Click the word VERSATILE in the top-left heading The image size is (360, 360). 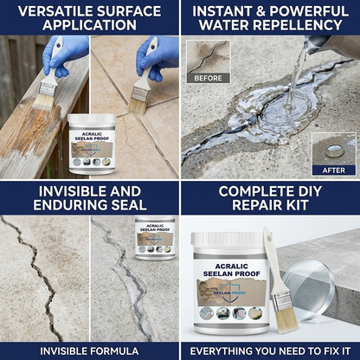click(x=55, y=11)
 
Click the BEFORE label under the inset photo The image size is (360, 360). click(x=208, y=78)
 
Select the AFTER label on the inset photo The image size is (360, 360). click(x=333, y=170)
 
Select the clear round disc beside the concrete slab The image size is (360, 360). click(x=308, y=290)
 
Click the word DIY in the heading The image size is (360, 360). click(x=308, y=191)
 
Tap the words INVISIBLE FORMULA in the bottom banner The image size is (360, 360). click(x=89, y=351)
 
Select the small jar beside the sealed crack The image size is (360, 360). click(x=156, y=238)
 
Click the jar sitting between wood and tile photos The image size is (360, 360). click(x=92, y=144)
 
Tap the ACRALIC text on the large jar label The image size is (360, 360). click(x=232, y=266)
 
